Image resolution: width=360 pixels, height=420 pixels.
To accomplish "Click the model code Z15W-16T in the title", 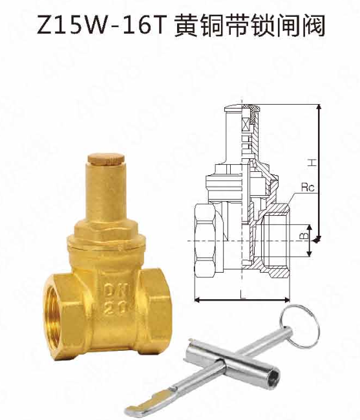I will click(101, 27).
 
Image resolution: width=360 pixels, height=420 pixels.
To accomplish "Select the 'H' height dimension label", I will click(310, 161).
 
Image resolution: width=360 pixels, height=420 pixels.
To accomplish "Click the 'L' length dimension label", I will click(240, 295).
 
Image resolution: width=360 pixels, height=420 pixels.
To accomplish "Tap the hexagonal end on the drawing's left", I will click(205, 240).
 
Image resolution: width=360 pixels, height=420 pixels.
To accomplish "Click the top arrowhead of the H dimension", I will click(318, 105).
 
